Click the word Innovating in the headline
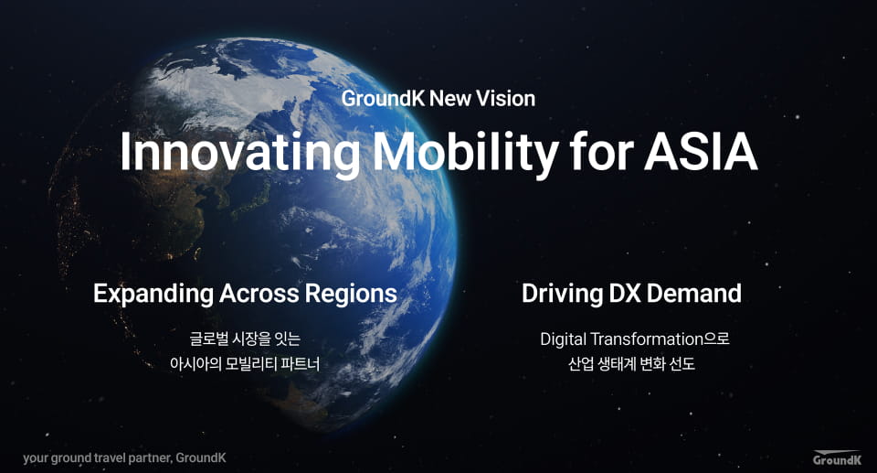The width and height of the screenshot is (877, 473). coord(240,152)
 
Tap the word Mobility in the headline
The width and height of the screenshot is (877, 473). coord(465,152)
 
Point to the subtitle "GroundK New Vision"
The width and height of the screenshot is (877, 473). coord(438,99)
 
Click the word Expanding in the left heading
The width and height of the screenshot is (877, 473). coord(153,295)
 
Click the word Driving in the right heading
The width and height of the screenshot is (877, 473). coord(555,295)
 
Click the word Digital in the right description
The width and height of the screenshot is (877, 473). coord(563,339)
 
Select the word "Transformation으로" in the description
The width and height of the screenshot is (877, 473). coord(660,339)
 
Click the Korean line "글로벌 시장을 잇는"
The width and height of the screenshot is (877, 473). coord(245,339)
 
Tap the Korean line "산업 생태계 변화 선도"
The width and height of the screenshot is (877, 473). coord(631,364)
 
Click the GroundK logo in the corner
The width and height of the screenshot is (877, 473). coord(838,457)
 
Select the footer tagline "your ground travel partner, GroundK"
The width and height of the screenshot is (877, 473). coord(125,457)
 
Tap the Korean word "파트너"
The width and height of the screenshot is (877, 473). coord(301,364)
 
